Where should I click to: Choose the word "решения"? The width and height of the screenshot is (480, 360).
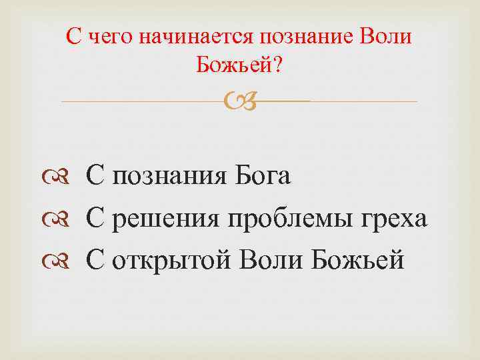[164, 219]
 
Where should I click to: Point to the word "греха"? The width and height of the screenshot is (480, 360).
[393, 219]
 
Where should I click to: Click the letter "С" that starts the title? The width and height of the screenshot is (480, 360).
[75, 37]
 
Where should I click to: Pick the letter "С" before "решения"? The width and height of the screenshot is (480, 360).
[95, 219]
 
